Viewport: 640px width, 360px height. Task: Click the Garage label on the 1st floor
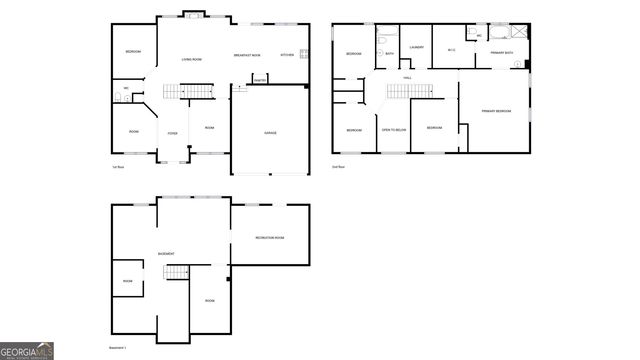pyautogui.click(x=270, y=132)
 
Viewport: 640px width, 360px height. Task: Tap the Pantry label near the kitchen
pyautogui.click(x=258, y=79)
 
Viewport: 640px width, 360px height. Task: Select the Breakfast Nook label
pyautogui.click(x=247, y=55)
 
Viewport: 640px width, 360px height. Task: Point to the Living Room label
pyautogui.click(x=192, y=60)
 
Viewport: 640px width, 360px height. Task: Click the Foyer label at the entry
pyautogui.click(x=172, y=132)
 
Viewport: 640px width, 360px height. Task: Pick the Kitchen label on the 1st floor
pyautogui.click(x=286, y=55)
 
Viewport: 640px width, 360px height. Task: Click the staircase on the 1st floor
pyautogui.click(x=189, y=92)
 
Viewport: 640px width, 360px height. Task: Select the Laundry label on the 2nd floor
pyautogui.click(x=417, y=46)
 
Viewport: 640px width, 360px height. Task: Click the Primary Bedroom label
pyautogui.click(x=495, y=110)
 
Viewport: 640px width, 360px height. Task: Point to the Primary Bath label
pyautogui.click(x=501, y=52)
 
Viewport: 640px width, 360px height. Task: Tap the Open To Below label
pyautogui.click(x=393, y=130)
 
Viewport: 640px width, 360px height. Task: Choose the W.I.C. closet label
pyautogui.click(x=452, y=50)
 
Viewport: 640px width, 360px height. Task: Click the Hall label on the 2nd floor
pyautogui.click(x=407, y=77)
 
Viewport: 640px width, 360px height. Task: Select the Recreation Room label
pyautogui.click(x=269, y=238)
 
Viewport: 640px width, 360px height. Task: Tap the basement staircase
pyautogui.click(x=176, y=273)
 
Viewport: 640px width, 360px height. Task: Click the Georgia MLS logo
pyautogui.click(x=27, y=351)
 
